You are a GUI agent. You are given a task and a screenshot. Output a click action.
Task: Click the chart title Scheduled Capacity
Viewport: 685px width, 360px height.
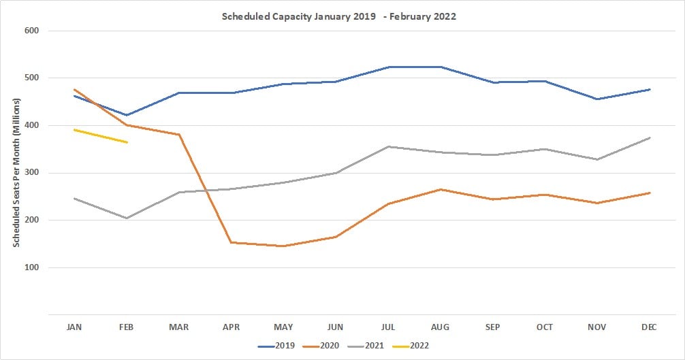338,16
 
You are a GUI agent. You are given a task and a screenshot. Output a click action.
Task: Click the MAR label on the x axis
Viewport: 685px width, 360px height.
179,327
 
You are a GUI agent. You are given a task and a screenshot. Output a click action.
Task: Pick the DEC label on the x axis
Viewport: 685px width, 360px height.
649,327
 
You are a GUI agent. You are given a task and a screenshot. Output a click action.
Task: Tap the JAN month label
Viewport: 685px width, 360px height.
74,327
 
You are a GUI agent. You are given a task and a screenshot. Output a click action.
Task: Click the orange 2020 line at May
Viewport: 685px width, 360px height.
283,246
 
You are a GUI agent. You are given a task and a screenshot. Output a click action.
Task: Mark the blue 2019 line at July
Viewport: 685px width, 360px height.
388,67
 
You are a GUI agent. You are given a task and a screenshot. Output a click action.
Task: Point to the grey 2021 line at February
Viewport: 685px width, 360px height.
127,218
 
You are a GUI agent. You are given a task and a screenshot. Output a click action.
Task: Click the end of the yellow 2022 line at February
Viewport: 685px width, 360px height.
127,142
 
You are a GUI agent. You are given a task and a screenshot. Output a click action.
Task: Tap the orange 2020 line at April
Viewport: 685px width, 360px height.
232,242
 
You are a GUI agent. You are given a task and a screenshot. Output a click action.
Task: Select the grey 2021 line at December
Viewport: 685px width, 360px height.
650,137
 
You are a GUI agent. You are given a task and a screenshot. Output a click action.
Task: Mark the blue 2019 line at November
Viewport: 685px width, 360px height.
597,99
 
